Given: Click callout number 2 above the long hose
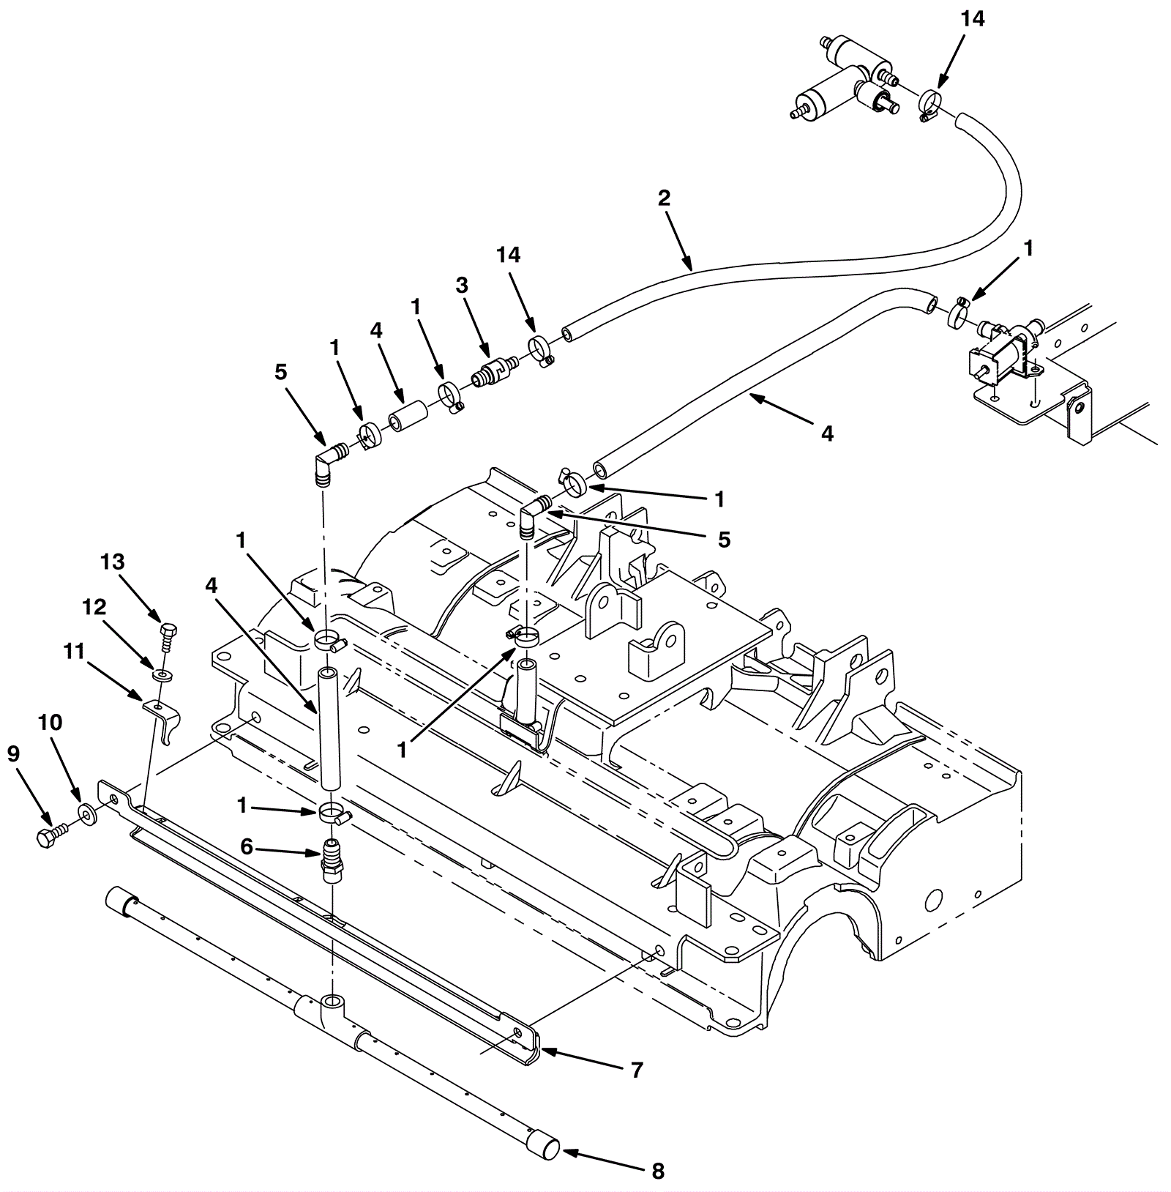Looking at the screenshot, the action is point(664,198).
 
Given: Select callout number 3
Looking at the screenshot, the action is point(461,286).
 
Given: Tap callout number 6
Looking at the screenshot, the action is point(247,846).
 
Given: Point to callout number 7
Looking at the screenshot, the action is point(637,1070).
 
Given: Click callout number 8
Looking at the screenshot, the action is point(658,1171).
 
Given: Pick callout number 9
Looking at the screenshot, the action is point(13,754).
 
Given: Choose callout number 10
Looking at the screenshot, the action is point(50,723).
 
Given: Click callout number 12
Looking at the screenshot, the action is point(94,607).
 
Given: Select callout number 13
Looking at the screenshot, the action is point(113,562).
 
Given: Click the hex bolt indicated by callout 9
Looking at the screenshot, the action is point(51,835).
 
